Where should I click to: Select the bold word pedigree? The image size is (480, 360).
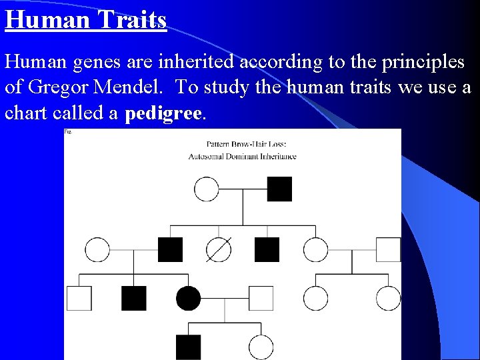click(x=162, y=113)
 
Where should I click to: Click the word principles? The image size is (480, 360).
click(x=423, y=63)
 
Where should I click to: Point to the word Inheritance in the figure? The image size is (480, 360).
click(x=280, y=157)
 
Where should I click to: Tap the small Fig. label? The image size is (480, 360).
click(x=67, y=132)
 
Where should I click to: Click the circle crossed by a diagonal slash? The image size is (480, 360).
click(x=219, y=249)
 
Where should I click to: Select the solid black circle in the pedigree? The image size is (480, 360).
click(x=188, y=298)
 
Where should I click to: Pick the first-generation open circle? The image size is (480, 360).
click(x=207, y=189)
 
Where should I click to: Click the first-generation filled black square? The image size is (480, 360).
click(x=279, y=189)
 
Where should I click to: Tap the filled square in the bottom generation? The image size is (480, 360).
click(x=188, y=347)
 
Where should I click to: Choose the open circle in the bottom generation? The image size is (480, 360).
click(x=261, y=347)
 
